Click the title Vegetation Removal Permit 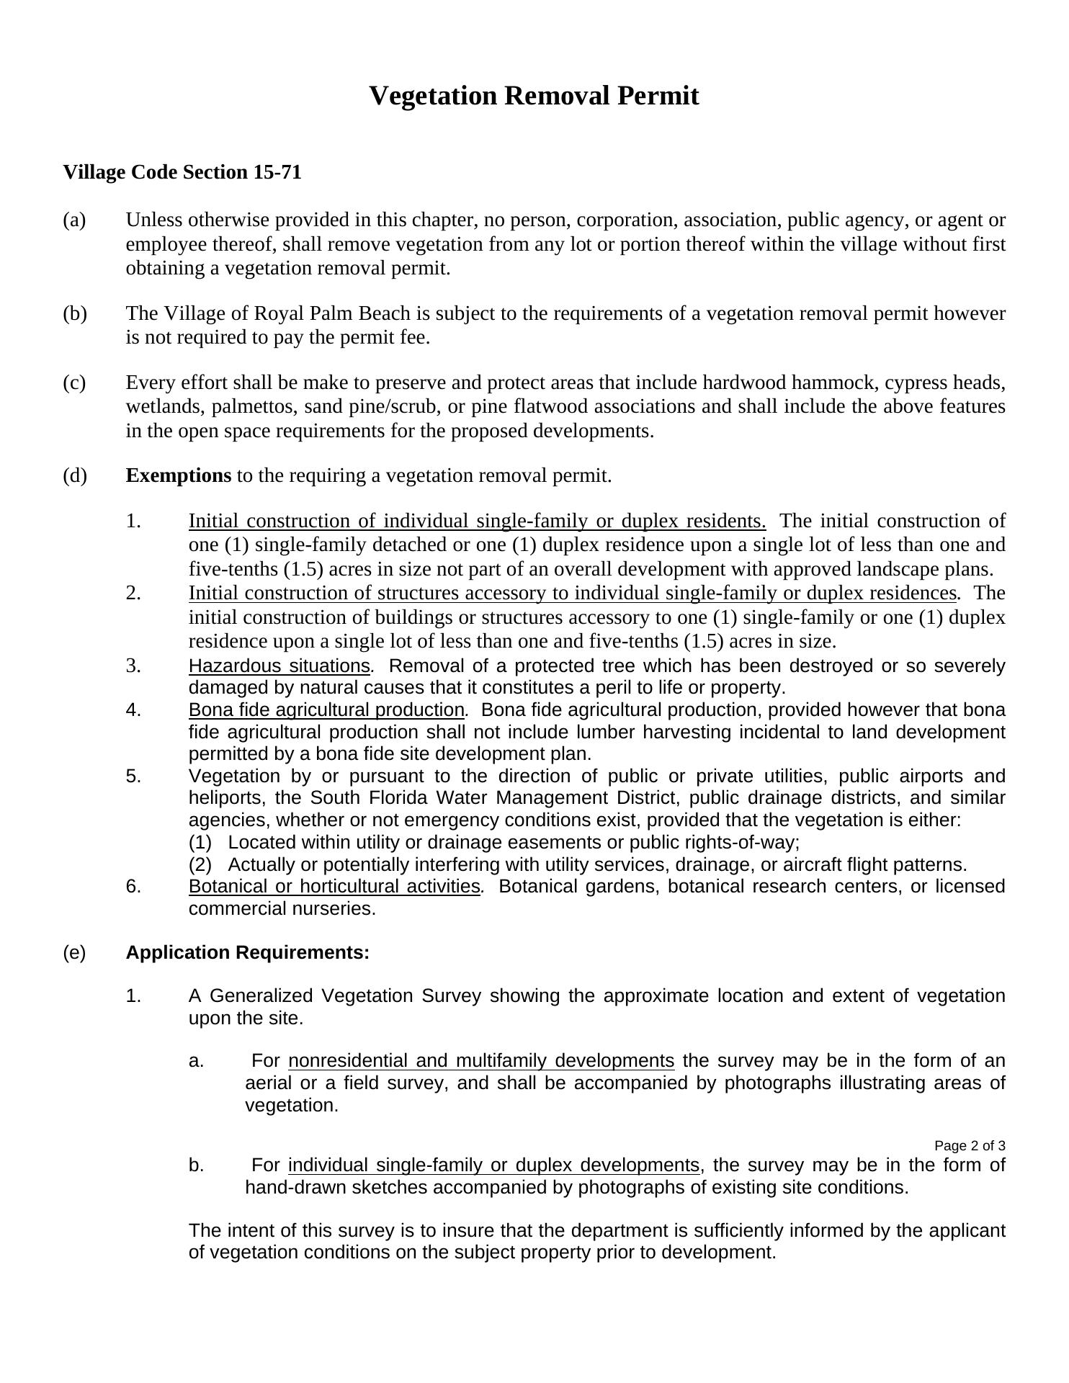[x=534, y=96]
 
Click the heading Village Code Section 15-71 [x=182, y=173]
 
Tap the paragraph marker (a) [x=74, y=220]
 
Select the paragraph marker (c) [x=74, y=382]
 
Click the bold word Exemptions [x=179, y=476]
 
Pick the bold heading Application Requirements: [x=247, y=953]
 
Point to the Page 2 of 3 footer [x=970, y=1146]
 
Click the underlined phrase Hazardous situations [x=279, y=666]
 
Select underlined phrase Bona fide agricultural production [x=326, y=710]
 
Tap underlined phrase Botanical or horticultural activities [x=334, y=887]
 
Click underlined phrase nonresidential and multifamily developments [x=481, y=1062]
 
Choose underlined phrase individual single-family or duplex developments [x=494, y=1165]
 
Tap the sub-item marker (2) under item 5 [x=200, y=865]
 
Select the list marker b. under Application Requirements [x=197, y=1165]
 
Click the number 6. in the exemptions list [x=133, y=887]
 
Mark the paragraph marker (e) [x=74, y=953]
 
